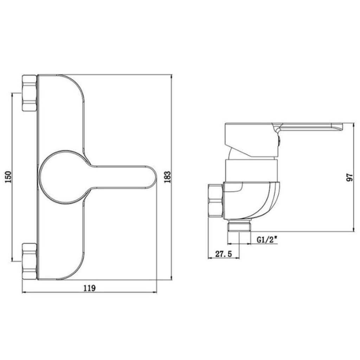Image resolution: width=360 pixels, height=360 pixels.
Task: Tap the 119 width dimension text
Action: tap(89, 288)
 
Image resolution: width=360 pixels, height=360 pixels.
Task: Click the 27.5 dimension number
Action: tap(224, 254)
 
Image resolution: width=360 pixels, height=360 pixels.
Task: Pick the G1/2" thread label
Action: tap(267, 240)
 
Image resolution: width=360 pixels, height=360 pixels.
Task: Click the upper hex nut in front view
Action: tap(30, 93)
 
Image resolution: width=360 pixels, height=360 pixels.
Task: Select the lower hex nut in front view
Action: tap(30, 261)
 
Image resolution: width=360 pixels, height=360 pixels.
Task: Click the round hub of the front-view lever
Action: tap(63, 177)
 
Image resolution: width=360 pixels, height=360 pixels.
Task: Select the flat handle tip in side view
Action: tap(336, 127)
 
